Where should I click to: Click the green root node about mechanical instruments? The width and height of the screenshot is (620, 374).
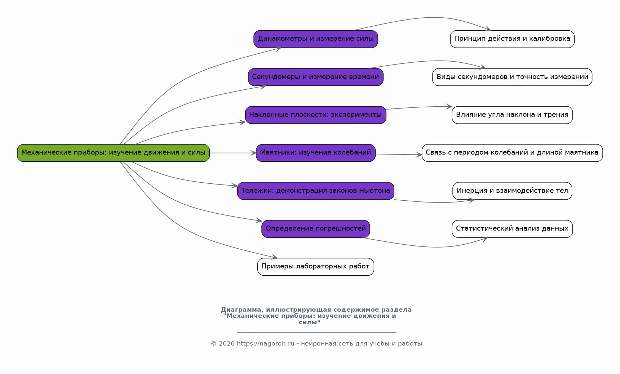(x=113, y=153)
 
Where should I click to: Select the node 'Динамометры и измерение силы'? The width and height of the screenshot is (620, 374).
(x=316, y=39)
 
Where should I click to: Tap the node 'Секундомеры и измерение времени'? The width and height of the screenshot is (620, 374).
(x=316, y=77)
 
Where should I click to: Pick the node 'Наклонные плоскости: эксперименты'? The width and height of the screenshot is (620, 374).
(x=316, y=115)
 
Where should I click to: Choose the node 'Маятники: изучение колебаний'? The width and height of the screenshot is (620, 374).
(x=316, y=153)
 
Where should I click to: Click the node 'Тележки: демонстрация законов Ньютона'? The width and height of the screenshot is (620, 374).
(x=316, y=191)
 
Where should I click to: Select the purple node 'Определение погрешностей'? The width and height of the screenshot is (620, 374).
(x=316, y=229)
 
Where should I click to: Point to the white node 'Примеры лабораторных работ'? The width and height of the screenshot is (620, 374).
(x=316, y=267)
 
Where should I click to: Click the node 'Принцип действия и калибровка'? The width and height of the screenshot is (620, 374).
(x=512, y=39)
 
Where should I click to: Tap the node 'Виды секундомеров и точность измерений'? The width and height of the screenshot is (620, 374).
(x=512, y=77)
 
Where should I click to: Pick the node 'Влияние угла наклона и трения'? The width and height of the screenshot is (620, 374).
(x=512, y=115)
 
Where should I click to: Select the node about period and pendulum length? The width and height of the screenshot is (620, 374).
(x=512, y=153)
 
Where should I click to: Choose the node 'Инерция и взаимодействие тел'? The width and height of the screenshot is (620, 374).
(x=512, y=191)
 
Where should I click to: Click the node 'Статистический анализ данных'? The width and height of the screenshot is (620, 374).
(x=512, y=229)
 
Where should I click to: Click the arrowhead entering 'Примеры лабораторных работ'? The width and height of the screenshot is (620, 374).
(x=274, y=257)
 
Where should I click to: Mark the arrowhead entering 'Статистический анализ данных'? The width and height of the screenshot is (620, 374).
(x=484, y=239)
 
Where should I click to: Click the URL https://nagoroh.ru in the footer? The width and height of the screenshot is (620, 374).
(x=266, y=344)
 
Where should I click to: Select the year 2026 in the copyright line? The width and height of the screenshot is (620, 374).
(x=227, y=344)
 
